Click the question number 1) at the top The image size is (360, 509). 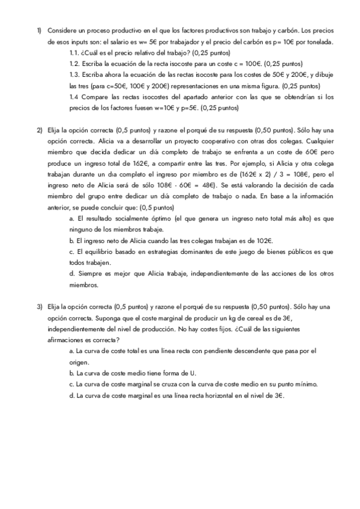(x=39, y=31)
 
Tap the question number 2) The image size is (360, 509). (x=39, y=130)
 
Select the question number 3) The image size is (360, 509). (x=39, y=307)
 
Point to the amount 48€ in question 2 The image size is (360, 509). (x=213, y=185)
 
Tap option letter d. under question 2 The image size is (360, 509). (x=72, y=274)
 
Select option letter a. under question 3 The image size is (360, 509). (x=72, y=351)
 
